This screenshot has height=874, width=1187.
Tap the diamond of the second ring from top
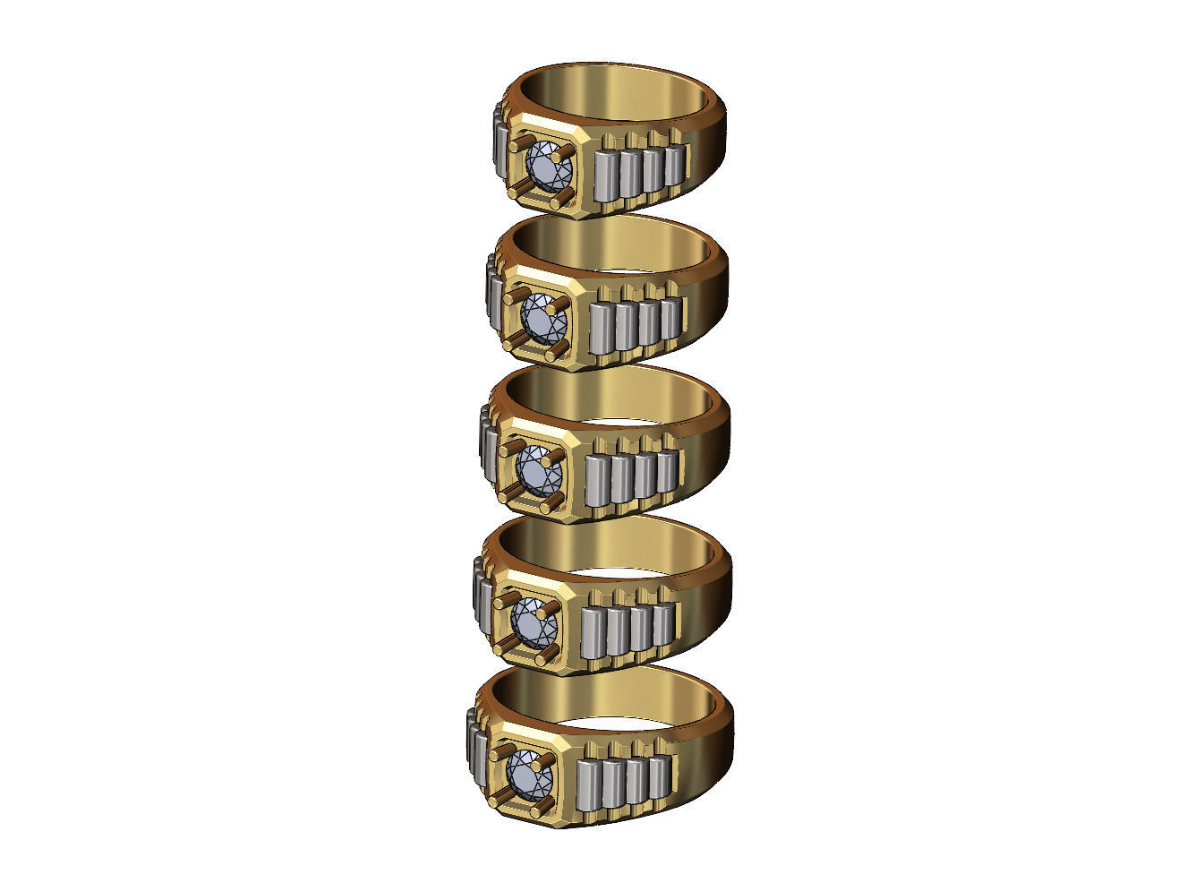click(540, 317)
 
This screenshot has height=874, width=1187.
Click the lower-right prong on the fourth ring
click(552, 651)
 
